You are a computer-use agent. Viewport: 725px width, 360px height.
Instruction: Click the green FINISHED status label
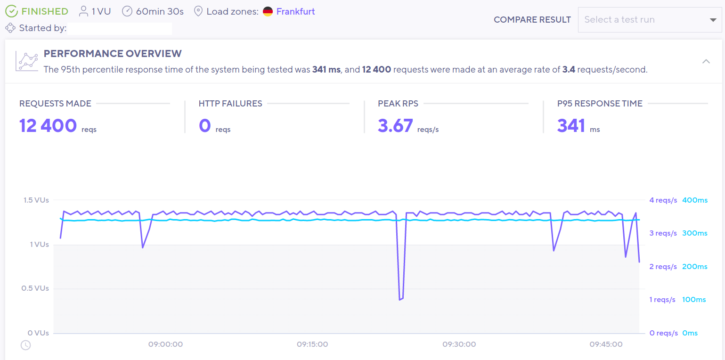pos(44,11)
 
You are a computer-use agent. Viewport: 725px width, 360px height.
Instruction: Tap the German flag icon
pos(268,11)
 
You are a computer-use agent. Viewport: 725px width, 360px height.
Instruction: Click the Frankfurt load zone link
pos(295,11)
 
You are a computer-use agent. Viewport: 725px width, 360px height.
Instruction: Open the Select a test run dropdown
pos(650,20)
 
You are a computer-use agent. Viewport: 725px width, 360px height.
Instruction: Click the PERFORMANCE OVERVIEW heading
pos(112,54)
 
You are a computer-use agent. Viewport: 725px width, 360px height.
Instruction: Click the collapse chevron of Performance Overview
pos(706,61)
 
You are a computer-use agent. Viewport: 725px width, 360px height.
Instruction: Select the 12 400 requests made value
pos(48,126)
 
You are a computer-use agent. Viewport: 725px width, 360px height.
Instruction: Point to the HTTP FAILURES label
pos(230,104)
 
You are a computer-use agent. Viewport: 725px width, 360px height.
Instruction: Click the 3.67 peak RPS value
pos(395,126)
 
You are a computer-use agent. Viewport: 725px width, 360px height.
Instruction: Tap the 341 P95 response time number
pos(571,126)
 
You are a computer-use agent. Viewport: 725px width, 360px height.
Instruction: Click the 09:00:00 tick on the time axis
pos(166,344)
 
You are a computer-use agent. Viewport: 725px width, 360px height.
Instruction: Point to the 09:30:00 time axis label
pos(459,344)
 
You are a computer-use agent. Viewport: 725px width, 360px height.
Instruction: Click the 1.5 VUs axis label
pos(36,200)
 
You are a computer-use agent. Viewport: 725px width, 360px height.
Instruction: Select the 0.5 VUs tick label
pos(35,288)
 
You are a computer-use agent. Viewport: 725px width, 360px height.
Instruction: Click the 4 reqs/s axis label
pos(663,200)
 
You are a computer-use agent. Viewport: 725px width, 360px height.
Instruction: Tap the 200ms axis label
pos(694,267)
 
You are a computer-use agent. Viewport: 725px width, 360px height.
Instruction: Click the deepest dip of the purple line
pos(400,299)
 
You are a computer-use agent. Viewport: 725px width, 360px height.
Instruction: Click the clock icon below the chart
pos(25,345)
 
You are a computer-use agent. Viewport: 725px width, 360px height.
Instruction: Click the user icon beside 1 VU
pos(84,11)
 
